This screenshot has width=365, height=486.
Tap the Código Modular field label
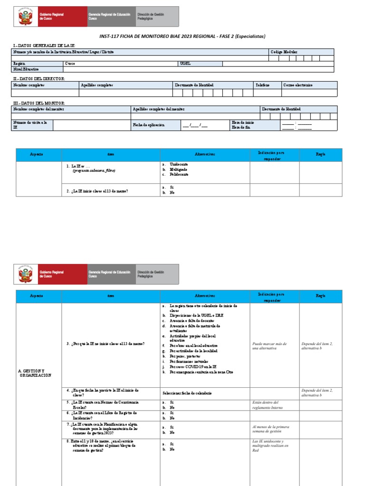click(x=284, y=52)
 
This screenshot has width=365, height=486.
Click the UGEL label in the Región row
click(x=185, y=63)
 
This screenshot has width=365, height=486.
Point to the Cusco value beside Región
click(x=70, y=63)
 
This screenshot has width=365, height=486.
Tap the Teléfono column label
click(x=262, y=85)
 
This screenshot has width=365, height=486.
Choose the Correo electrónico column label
click(x=298, y=85)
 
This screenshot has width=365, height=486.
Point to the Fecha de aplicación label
click(x=149, y=124)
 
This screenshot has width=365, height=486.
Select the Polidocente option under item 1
click(x=179, y=174)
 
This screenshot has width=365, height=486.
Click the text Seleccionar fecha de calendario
click(x=187, y=393)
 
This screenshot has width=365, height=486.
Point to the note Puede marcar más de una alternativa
click(x=269, y=346)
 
